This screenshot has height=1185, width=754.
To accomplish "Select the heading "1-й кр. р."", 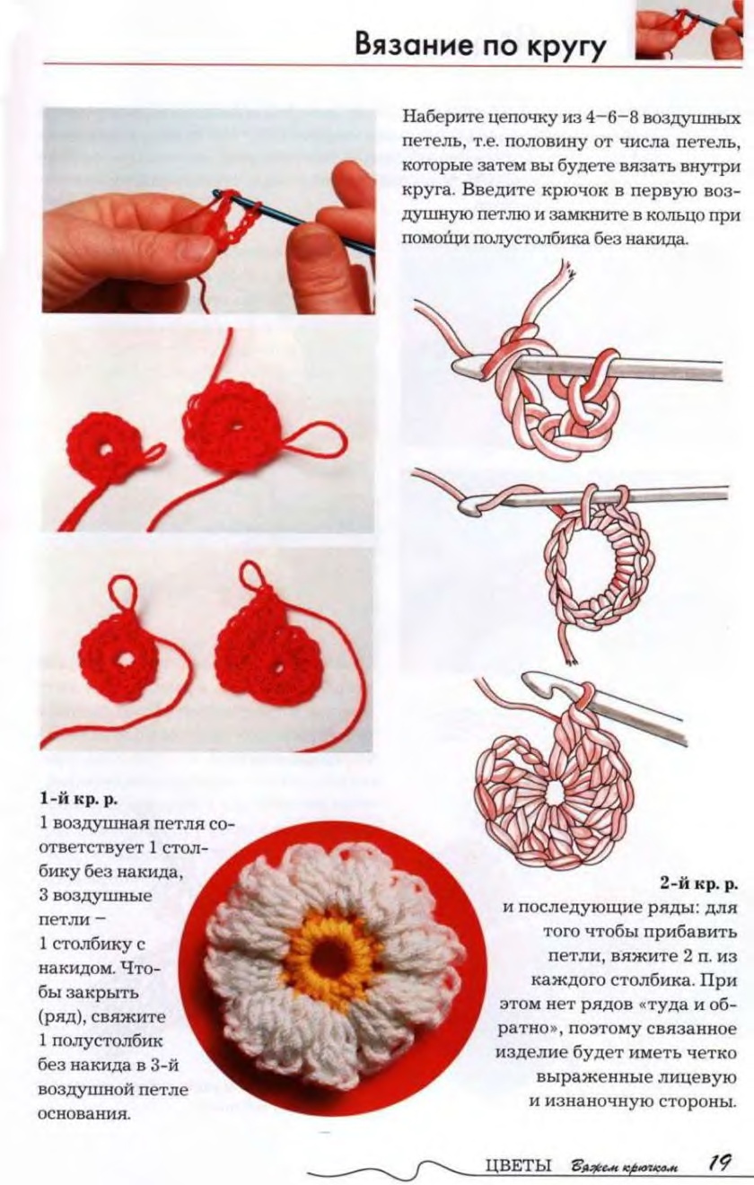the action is (78, 801).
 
